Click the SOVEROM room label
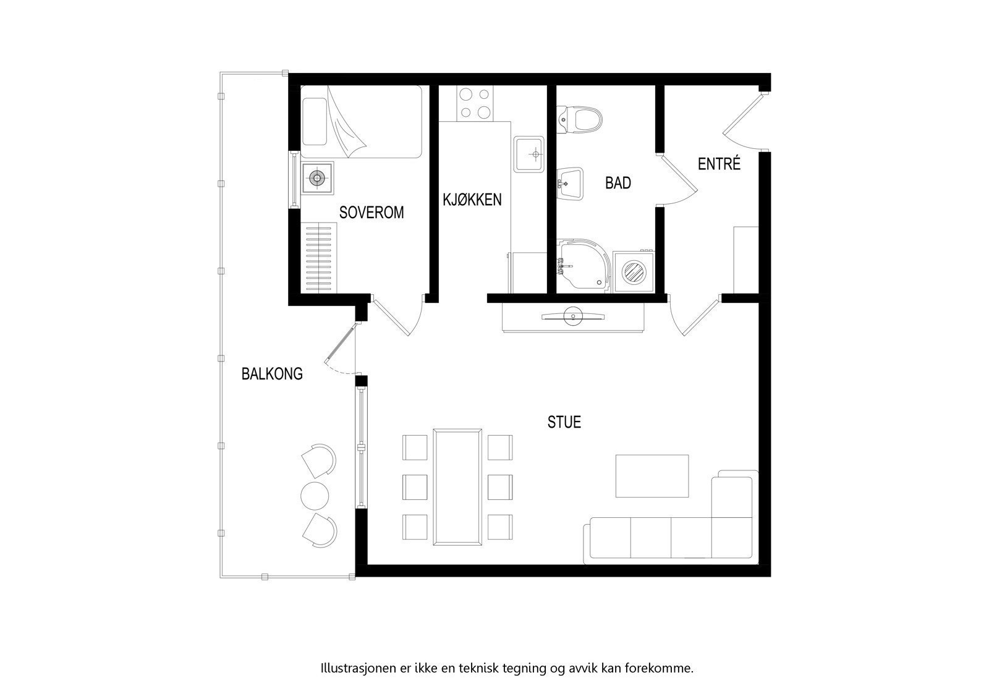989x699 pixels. [371, 213]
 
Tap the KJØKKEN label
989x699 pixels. [472, 200]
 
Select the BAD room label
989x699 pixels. [618, 183]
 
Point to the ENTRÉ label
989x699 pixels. [719, 164]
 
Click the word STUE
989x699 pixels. [564, 422]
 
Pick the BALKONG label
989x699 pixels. [272, 374]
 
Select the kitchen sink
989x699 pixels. [530, 155]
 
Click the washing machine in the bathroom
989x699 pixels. [634, 271]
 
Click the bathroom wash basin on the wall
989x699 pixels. [571, 184]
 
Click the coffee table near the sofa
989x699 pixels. [652, 476]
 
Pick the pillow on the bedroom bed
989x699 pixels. [313, 121]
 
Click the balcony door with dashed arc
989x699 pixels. [340, 352]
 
